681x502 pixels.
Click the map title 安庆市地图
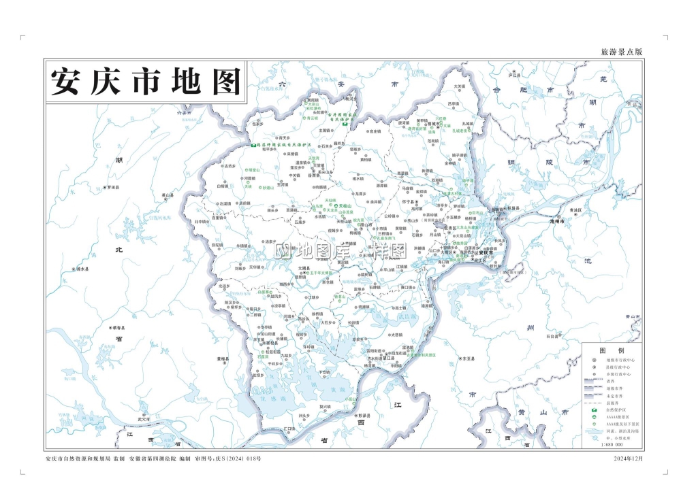coord(146,82)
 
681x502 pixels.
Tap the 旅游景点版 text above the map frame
coord(622,52)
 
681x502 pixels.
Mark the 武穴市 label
coord(144,419)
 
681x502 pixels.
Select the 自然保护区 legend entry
coord(615,410)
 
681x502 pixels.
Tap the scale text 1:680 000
coord(612,445)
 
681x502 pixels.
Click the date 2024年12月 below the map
coord(629,458)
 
